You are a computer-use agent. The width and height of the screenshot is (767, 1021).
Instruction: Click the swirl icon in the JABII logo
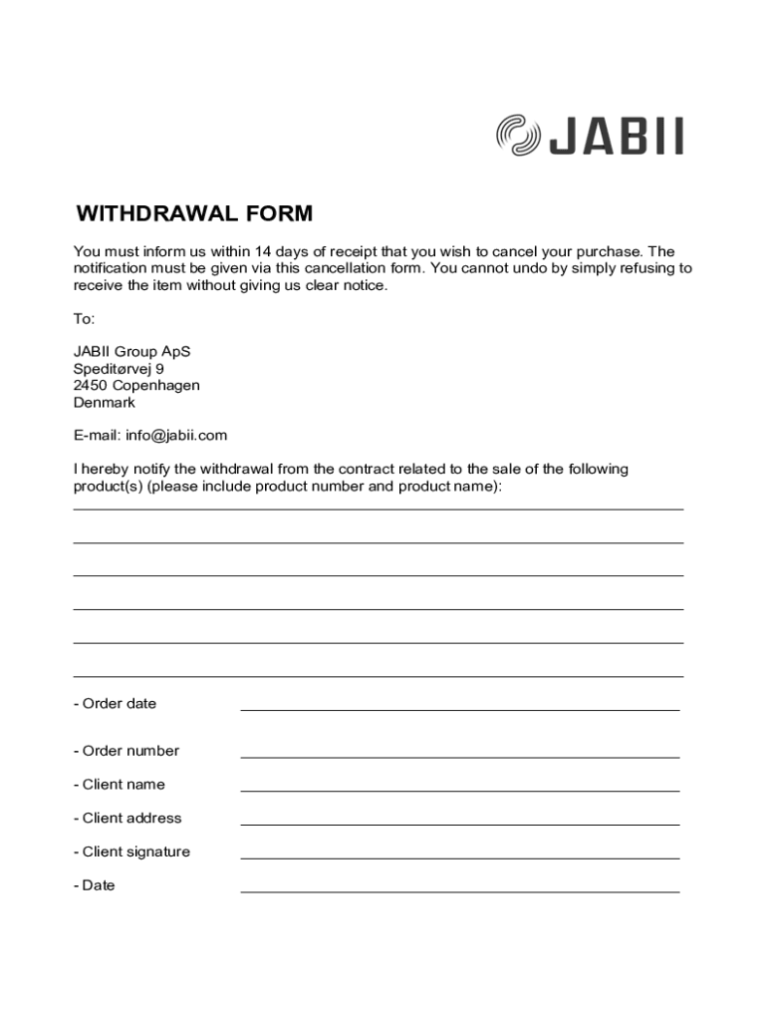(x=518, y=136)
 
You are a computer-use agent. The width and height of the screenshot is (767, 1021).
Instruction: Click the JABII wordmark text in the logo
(x=617, y=137)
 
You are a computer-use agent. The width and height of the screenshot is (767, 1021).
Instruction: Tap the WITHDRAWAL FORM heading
(x=194, y=214)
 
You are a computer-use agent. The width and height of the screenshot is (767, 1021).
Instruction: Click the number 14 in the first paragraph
(x=263, y=251)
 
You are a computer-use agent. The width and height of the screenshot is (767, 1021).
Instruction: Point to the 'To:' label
(x=84, y=319)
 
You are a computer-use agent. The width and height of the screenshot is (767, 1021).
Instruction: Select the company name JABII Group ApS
(x=131, y=352)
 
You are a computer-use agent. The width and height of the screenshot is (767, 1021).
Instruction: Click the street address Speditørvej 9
(x=119, y=369)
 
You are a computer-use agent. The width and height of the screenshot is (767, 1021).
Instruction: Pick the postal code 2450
(x=91, y=386)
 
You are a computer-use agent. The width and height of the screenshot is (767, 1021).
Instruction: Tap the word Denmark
(x=105, y=403)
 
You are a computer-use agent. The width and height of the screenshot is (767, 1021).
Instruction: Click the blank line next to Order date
(x=459, y=708)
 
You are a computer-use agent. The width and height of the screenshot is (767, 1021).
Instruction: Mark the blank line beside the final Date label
(x=459, y=890)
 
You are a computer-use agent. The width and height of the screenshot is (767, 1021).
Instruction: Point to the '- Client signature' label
(x=131, y=851)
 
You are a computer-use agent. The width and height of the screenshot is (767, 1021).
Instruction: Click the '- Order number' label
(x=127, y=751)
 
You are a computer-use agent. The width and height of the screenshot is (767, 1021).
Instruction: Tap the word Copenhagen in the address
(x=156, y=386)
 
